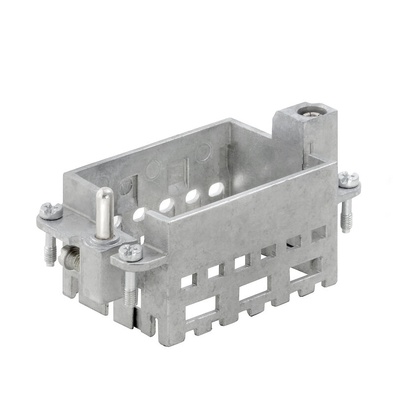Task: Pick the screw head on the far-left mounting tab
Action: pyautogui.click(x=51, y=211)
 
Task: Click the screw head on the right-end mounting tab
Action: pyautogui.click(x=349, y=179)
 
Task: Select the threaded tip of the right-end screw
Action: pyautogui.click(x=346, y=223)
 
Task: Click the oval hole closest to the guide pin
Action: pyautogui.click(x=139, y=214)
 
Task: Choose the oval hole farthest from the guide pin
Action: pyautogui.click(x=215, y=189)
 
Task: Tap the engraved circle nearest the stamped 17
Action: pyautogui.click(x=153, y=170)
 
